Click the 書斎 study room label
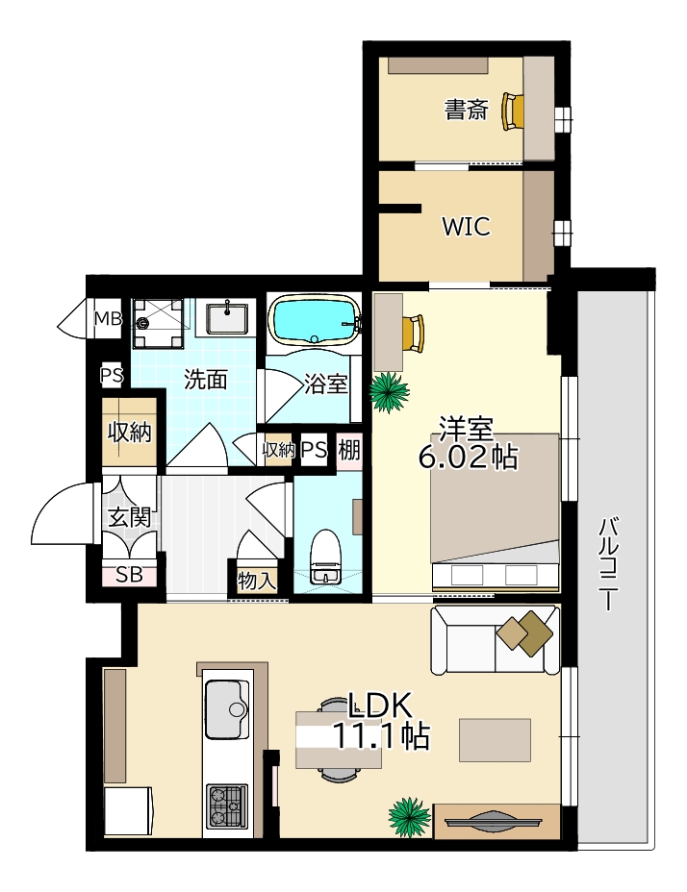click(x=466, y=110)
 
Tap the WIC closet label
click(x=466, y=227)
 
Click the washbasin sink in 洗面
click(x=227, y=318)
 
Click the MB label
click(x=108, y=318)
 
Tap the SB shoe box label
click(x=129, y=575)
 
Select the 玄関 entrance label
click(x=130, y=518)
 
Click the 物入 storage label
click(x=257, y=582)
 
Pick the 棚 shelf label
click(x=349, y=451)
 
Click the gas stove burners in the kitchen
click(x=227, y=806)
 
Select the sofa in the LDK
click(x=495, y=640)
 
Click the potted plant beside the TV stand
click(x=409, y=817)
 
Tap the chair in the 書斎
click(x=513, y=111)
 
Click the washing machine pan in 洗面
click(x=158, y=324)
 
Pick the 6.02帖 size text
click(x=469, y=458)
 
